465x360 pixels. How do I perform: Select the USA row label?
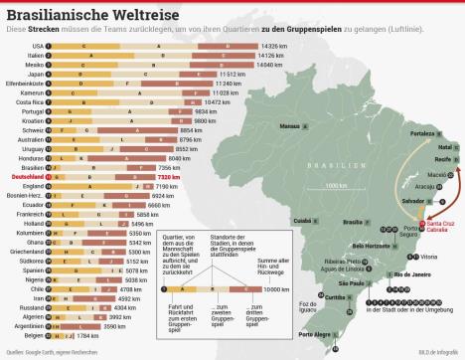(37, 47)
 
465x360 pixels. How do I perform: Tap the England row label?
(33, 186)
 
